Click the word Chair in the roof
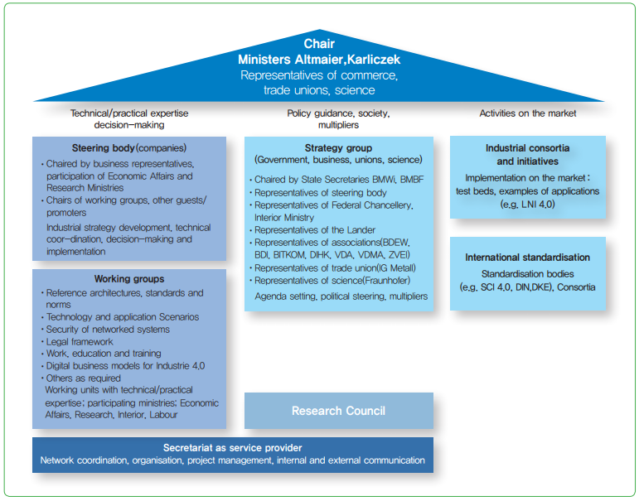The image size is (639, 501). pos(319,44)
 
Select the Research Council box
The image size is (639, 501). pos(338,411)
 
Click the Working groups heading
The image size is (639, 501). pos(128,279)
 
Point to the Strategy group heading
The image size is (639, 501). pos(338,147)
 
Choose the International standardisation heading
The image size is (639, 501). pos(527,258)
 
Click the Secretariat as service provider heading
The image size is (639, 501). pos(232,447)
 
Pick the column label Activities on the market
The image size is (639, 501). pos(528,113)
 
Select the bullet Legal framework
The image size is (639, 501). pos(80,341)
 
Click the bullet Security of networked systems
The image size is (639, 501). pos(108,329)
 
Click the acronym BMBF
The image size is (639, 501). pos(411,180)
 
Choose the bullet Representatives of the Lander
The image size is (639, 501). pos(315,230)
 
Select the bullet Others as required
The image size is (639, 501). pos(84,378)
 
